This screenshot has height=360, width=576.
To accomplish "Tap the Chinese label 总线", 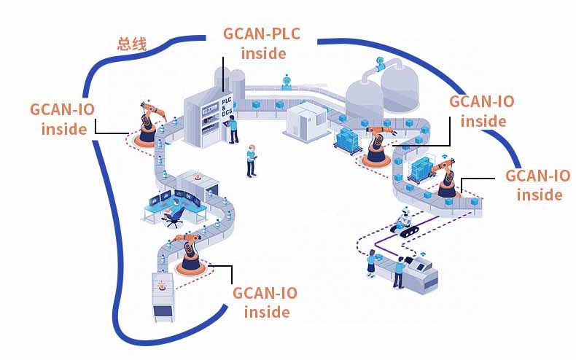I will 132,44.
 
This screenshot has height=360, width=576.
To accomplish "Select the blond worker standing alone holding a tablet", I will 251,160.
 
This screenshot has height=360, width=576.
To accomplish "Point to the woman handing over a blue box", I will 372,262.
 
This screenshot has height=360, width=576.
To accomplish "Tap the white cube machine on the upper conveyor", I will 304,117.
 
